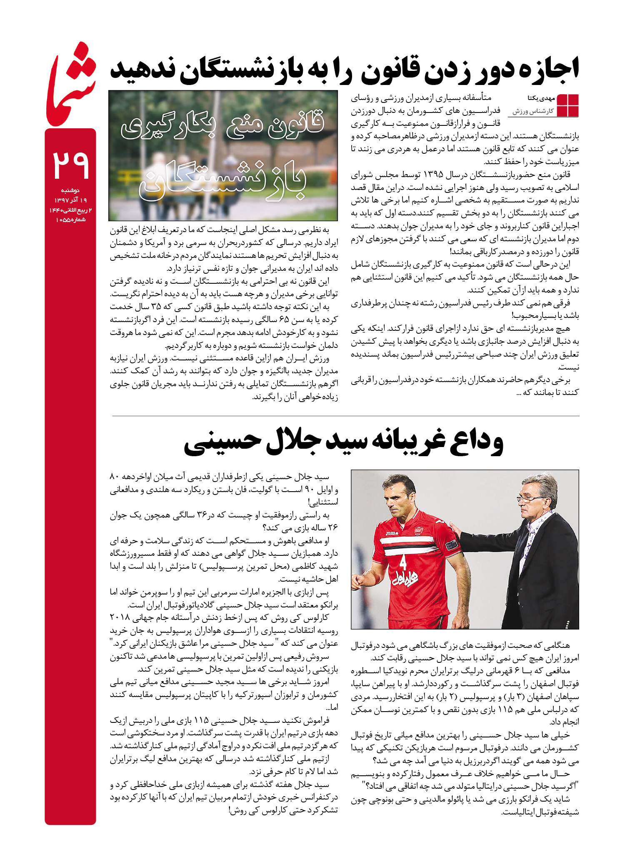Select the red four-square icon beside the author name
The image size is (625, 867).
click(x=567, y=105)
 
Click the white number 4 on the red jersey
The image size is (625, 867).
click(x=402, y=563)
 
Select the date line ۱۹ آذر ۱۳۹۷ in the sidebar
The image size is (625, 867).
click(x=70, y=200)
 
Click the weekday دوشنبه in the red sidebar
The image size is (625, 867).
click(x=70, y=190)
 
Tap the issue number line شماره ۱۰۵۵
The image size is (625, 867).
click(x=70, y=220)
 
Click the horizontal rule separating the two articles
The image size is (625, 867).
click(x=345, y=416)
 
